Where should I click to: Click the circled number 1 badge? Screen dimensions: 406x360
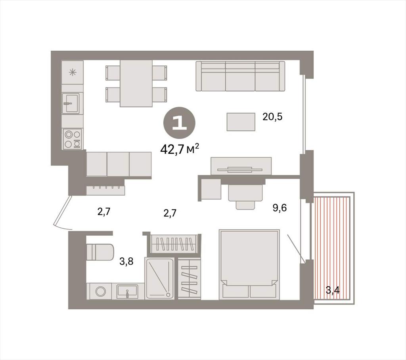(x=179, y=123)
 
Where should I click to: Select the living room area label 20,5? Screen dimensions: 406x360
(x=272, y=117)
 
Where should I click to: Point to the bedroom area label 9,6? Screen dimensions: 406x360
(x=280, y=208)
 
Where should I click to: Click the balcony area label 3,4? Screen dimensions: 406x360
(x=333, y=290)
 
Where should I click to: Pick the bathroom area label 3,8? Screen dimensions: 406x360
(x=126, y=261)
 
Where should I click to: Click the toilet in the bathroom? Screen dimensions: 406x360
(x=100, y=252)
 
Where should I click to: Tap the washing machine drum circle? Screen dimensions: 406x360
(x=101, y=291)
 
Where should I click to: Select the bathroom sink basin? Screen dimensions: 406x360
(x=127, y=291)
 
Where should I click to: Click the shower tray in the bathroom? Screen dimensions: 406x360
(x=160, y=278)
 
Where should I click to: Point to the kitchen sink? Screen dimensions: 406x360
(x=72, y=103)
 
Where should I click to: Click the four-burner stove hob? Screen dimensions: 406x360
(x=73, y=139)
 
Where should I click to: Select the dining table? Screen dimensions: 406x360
(x=136, y=84)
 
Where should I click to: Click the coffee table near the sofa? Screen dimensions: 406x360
(x=241, y=122)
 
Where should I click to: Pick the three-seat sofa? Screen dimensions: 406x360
(x=240, y=76)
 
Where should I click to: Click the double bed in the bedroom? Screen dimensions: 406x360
(x=249, y=264)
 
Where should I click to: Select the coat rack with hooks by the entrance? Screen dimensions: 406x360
(x=105, y=190)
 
